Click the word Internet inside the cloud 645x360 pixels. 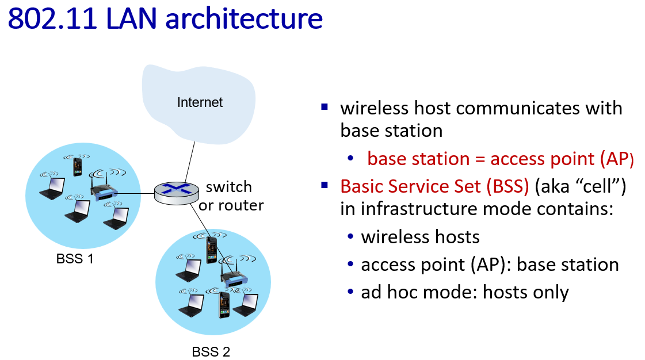coord(200,102)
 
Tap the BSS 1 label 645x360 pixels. coord(75,259)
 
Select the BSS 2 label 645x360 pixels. coord(211,352)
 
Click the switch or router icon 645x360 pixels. coord(177,193)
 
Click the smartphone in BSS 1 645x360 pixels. coord(77,166)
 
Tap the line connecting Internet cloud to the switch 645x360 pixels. coord(190,162)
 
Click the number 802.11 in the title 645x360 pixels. coord(52,18)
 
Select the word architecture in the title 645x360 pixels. coord(244,18)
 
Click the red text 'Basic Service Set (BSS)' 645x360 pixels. coord(434,186)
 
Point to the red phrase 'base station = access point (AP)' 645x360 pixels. coord(500,159)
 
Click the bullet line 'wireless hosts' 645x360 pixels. coord(420,237)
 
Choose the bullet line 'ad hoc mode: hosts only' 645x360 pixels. coord(465,292)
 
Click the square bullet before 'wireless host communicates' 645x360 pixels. coord(325,108)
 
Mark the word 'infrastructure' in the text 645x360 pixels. coord(435,209)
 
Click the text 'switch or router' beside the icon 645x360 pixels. coord(231,196)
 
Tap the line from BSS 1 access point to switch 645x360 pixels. coord(136,193)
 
